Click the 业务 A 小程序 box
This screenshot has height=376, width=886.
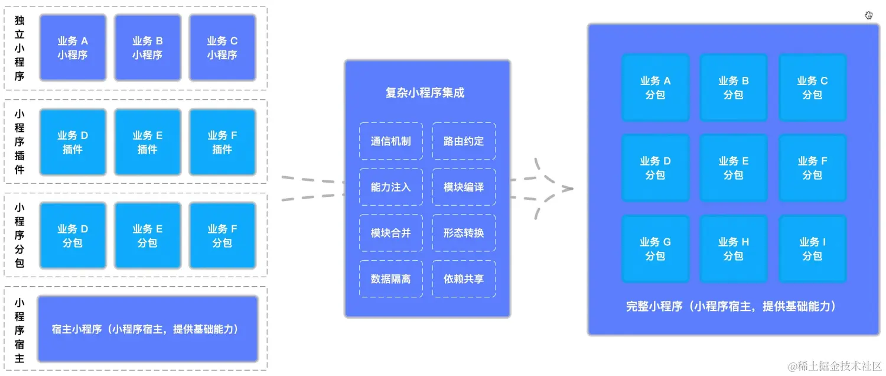pos(73,48)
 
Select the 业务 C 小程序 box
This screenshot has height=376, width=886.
pos(222,48)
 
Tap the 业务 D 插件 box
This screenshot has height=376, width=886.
pos(73,142)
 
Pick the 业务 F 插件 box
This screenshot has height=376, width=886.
pos(222,142)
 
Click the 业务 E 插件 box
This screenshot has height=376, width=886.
pos(147,142)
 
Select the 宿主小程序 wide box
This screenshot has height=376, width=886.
pos(148,329)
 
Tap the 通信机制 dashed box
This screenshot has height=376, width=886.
pos(390,141)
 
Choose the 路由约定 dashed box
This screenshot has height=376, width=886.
pos(464,141)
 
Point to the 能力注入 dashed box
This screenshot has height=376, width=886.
pos(390,187)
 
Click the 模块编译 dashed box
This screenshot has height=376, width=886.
pos(464,187)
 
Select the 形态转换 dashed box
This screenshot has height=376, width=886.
pos(464,233)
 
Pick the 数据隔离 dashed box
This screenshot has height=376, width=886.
pos(390,278)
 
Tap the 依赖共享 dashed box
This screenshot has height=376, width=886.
pos(464,278)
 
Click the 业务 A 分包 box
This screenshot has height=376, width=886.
pos(655,87)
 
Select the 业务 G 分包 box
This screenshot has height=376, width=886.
pos(655,249)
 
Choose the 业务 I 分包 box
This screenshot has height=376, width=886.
pos(812,249)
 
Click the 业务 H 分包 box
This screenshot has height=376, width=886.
pos(734,249)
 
